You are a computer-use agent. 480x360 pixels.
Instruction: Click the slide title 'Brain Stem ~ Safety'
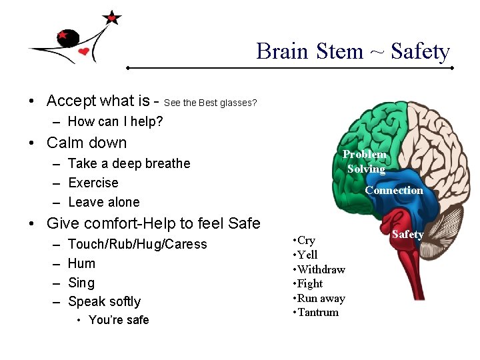[x=353, y=51]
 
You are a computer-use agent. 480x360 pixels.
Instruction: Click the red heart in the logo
[x=83, y=51]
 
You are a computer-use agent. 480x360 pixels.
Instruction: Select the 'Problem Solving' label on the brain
[x=365, y=161]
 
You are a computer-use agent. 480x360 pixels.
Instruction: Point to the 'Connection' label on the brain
[x=393, y=191]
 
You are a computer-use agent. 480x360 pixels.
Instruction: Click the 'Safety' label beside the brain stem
[x=407, y=234]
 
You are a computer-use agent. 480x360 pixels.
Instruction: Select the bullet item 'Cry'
[x=306, y=240]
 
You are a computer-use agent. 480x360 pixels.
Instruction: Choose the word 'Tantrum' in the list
[x=317, y=312]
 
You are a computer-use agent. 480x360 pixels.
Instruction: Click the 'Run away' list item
[x=318, y=298]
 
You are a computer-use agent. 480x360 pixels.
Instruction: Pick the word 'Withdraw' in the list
[x=321, y=269]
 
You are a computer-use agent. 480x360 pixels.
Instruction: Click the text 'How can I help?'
[x=115, y=121]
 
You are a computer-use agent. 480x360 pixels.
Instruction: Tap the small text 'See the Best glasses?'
[x=210, y=103]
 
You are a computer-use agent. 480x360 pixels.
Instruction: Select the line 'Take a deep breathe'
[x=129, y=163]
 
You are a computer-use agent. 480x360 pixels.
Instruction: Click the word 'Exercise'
[x=93, y=183]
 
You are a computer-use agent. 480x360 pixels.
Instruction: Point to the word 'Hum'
[x=81, y=263]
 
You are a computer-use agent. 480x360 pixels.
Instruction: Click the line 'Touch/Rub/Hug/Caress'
[x=137, y=244]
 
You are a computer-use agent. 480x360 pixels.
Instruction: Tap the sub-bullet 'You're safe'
[x=119, y=320]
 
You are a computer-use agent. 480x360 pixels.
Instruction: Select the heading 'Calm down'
[x=87, y=143]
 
